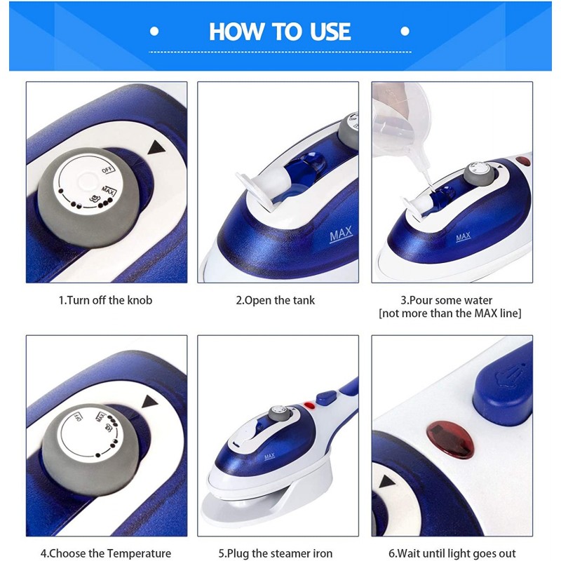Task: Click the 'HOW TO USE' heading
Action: (280, 32)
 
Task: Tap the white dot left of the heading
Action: (154, 32)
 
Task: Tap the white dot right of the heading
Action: (405, 32)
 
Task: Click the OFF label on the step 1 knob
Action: (108, 169)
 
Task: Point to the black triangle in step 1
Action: (156, 147)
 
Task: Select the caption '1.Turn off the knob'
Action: (106, 300)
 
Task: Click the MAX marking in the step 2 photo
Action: (341, 234)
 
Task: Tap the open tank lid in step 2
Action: (254, 189)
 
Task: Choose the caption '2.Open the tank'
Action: (275, 300)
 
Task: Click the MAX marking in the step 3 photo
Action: (464, 237)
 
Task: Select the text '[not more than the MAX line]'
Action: (450, 313)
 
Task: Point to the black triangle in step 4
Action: (150, 401)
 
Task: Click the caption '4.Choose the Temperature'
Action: (106, 553)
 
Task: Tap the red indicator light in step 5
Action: (309, 406)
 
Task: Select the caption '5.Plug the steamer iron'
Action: (276, 553)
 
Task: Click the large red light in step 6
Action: (450, 440)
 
